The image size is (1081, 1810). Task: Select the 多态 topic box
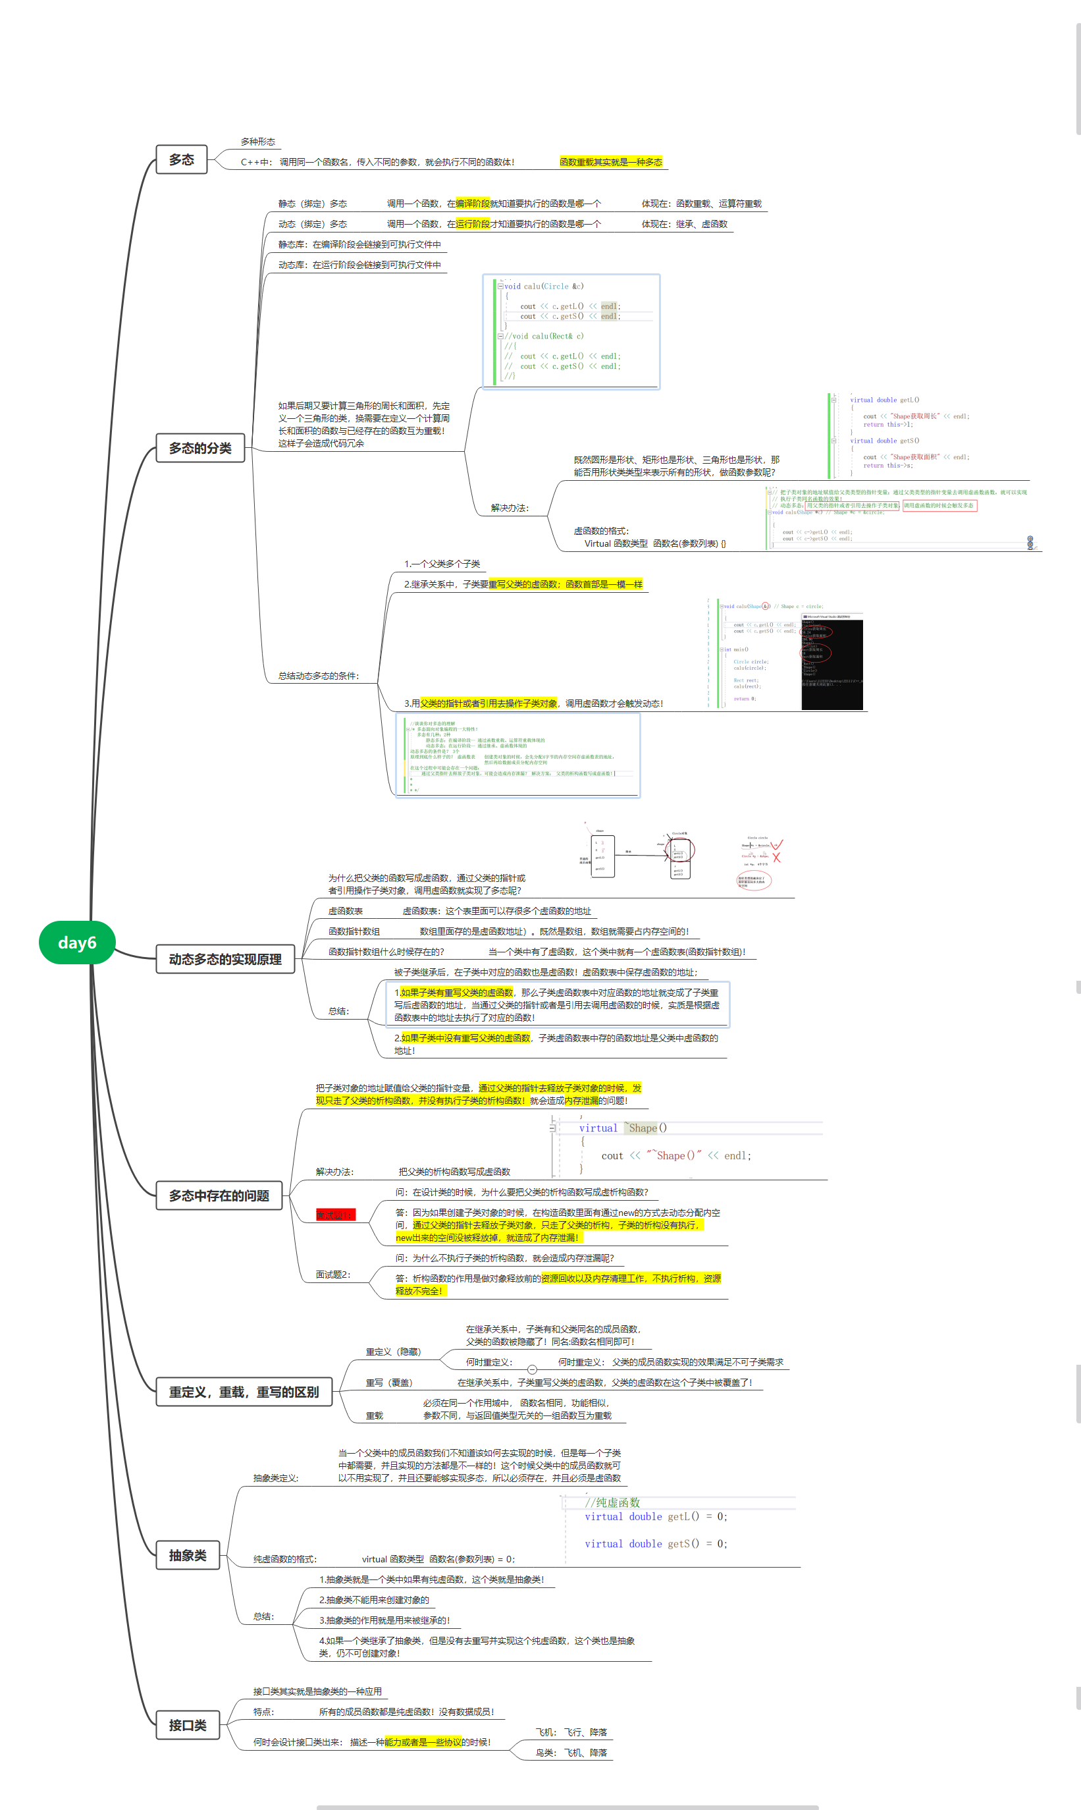pyautogui.click(x=182, y=159)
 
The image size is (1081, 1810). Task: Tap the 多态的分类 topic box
pyautogui.click(x=200, y=447)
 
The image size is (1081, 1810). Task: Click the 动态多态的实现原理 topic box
pyautogui.click(x=225, y=959)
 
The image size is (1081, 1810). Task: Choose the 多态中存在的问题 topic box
pyautogui.click(x=219, y=1195)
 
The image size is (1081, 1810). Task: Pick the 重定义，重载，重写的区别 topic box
pyautogui.click(x=244, y=1392)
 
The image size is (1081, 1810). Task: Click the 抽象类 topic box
pyautogui.click(x=188, y=1555)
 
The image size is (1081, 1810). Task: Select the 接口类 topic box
pyautogui.click(x=188, y=1725)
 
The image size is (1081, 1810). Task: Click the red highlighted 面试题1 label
pyautogui.click(x=334, y=1215)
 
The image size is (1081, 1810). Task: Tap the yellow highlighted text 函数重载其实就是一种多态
pyautogui.click(x=610, y=162)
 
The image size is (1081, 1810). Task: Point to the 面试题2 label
pyautogui.click(x=333, y=1275)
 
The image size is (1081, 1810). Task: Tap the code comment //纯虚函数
pyautogui.click(x=612, y=1502)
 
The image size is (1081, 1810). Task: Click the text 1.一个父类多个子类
pyautogui.click(x=442, y=564)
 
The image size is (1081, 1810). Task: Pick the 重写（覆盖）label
pyautogui.click(x=389, y=1383)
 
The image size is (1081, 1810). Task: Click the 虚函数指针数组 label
pyautogui.click(x=354, y=931)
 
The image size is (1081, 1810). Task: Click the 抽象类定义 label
pyautogui.click(x=275, y=1478)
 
